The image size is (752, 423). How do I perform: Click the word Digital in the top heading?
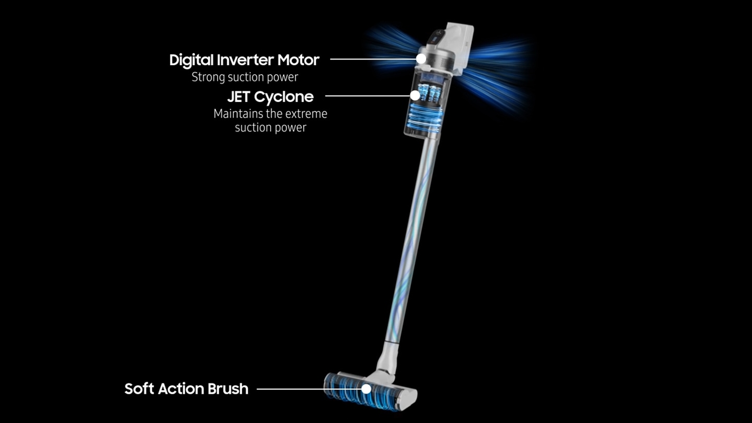tap(191, 61)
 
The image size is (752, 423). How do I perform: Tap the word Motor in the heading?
tap(299, 60)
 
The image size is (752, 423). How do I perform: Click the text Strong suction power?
tap(245, 77)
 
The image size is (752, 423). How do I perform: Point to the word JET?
tap(239, 97)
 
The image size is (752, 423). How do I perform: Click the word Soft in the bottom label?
tap(139, 389)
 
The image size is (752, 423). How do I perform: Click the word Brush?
tap(228, 389)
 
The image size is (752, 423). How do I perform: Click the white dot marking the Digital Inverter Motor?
tap(421, 58)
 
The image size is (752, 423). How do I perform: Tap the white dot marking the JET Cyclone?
tap(415, 96)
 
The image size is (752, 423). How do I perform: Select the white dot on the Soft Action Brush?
tap(366, 389)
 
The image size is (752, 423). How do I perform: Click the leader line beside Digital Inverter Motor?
tap(373, 59)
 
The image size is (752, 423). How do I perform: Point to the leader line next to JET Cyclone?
tap(368, 96)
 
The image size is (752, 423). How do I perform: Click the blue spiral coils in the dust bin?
tap(424, 118)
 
